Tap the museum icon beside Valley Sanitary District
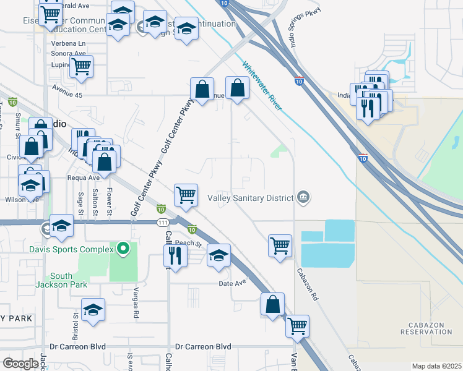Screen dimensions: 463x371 [303, 197]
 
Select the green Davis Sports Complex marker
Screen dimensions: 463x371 [123, 249]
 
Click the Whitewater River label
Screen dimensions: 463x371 [262, 85]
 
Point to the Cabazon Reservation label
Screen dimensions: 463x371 [431, 328]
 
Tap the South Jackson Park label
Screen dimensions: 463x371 [61, 280]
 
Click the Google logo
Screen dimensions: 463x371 [20, 363]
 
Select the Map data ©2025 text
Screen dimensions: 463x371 [436, 366]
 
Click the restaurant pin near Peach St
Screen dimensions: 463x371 [176, 255]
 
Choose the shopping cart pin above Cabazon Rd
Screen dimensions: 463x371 [280, 244]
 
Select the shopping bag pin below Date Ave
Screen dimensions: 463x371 [272, 304]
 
